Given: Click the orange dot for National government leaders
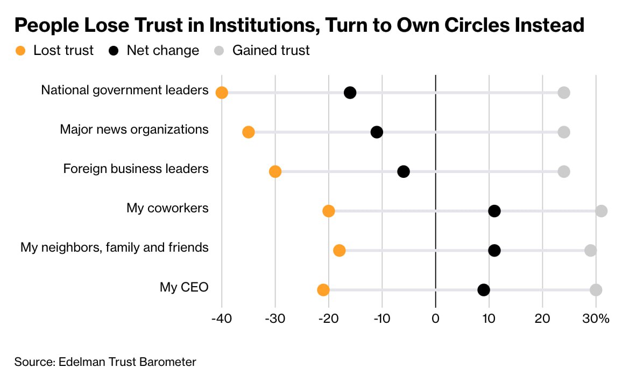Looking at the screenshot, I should click(221, 93).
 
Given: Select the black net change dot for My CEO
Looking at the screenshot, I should click(484, 290).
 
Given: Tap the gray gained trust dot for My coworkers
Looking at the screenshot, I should click(601, 211).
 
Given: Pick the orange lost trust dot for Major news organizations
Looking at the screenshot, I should click(248, 132).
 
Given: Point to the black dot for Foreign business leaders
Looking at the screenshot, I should click(404, 171).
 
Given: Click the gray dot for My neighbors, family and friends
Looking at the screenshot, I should click(590, 251).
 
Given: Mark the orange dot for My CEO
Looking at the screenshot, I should click(323, 290).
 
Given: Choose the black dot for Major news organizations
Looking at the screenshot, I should click(377, 132).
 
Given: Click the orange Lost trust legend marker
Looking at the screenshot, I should click(20, 51).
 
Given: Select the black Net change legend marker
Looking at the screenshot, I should click(114, 51).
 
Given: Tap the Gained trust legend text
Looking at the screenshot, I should click(271, 51).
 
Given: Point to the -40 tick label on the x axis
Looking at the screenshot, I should click(221, 318).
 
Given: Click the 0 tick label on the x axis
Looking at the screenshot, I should click(435, 318).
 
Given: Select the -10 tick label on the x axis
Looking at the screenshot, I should click(381, 318).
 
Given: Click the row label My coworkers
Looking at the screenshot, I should click(167, 208).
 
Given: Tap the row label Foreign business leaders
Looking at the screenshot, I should click(136, 169).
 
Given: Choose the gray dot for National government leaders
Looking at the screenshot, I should click(563, 93).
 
